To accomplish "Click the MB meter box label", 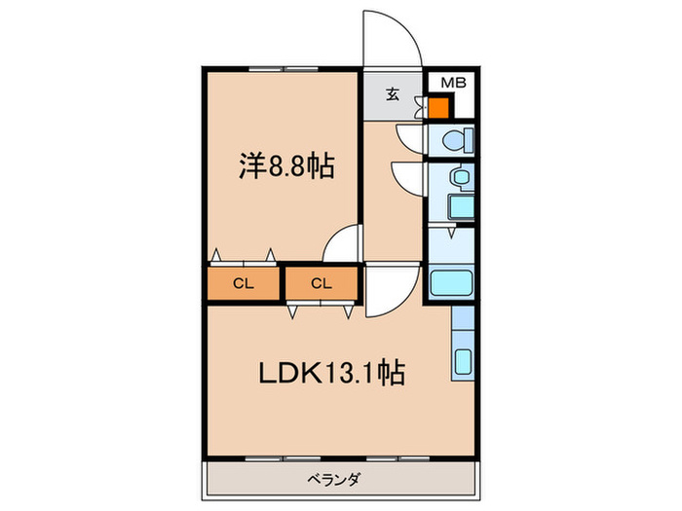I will click(x=447, y=83).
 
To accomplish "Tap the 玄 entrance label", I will click(x=392, y=94).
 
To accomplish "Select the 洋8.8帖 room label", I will click(x=286, y=166).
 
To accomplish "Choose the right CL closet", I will click(x=321, y=283).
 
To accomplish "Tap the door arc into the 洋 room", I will click(x=340, y=242).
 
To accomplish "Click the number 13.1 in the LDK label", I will click(x=360, y=372).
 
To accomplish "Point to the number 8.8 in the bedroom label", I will click(x=286, y=166).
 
